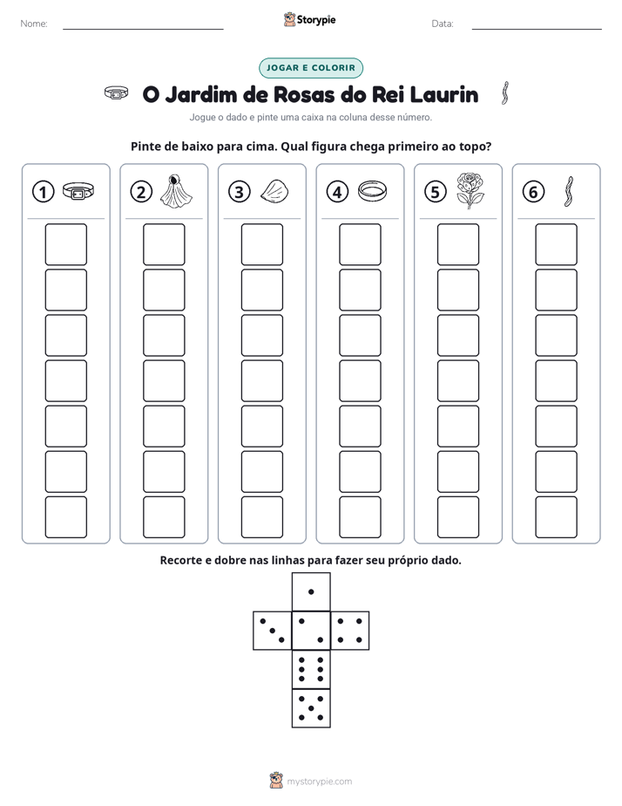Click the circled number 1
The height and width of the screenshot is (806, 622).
[x=43, y=192]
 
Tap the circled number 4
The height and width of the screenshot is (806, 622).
[x=337, y=192]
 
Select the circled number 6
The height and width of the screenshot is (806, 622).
[x=533, y=192]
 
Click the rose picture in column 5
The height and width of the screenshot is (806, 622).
[x=470, y=191]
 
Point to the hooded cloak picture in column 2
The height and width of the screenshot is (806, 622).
[x=176, y=191]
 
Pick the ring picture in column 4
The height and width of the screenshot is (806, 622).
[x=372, y=191]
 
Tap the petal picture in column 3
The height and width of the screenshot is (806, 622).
[x=274, y=191]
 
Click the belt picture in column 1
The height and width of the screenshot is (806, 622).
[x=78, y=191]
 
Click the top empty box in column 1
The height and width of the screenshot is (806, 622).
[x=65, y=244]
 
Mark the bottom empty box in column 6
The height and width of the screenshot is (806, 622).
[x=556, y=517]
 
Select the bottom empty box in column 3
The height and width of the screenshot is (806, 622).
[x=261, y=517]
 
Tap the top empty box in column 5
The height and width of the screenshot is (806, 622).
[x=457, y=244]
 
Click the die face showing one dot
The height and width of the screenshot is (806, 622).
[x=311, y=591]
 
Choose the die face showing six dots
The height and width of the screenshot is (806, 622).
[x=311, y=669]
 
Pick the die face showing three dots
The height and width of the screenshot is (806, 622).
[x=273, y=631]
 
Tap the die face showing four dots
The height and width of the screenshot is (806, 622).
[x=350, y=631]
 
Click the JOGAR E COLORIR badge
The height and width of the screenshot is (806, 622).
[x=311, y=68]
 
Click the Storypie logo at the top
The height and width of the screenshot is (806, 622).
[x=309, y=19]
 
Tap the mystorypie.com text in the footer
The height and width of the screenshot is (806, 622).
[x=319, y=782]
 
